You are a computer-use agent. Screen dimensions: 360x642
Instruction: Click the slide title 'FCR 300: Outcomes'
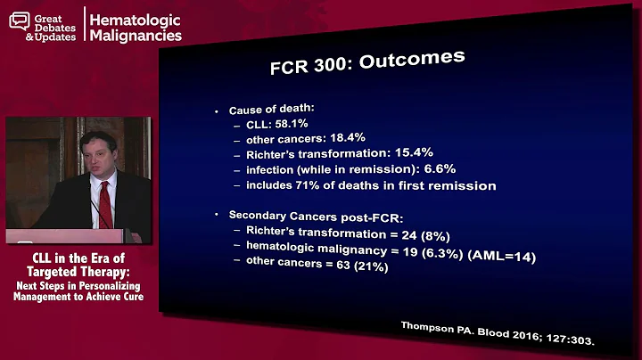(x=366, y=65)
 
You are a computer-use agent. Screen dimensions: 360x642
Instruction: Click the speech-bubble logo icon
(x=19, y=20)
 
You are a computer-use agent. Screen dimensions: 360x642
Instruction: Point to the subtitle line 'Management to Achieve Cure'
(x=78, y=297)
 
